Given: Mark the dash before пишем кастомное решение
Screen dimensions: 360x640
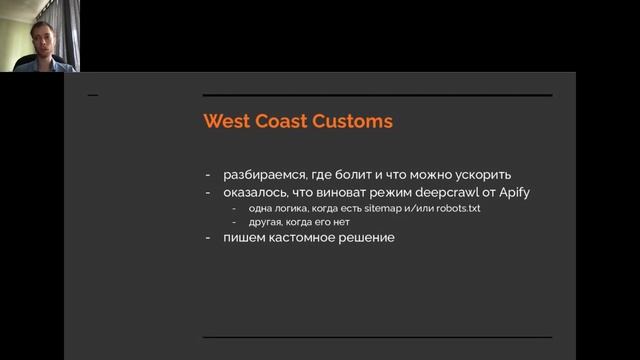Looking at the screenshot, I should pyautogui.click(x=208, y=238).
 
